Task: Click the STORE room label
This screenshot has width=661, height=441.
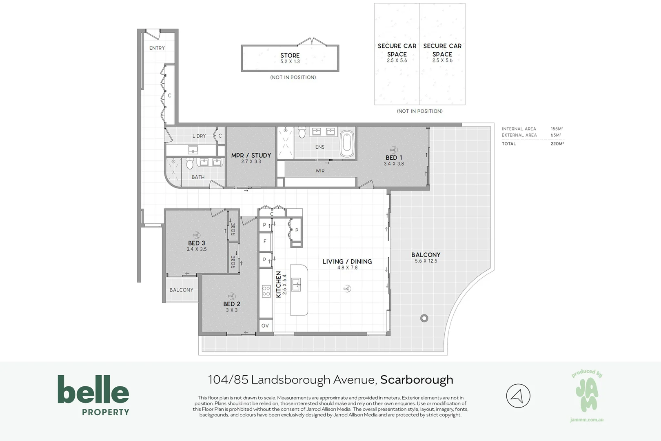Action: coord(290,56)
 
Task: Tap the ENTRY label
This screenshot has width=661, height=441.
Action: coord(157,48)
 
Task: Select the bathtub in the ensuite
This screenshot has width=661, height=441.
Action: coord(347,144)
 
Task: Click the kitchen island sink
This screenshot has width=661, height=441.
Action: coord(296,284)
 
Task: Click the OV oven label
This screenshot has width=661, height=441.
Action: coord(265,326)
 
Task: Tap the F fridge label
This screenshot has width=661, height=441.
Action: coord(265,241)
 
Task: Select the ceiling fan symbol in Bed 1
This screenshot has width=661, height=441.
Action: coord(393,149)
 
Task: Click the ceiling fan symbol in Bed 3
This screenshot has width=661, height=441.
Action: coord(196,235)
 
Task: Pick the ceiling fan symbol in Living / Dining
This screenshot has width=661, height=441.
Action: coord(347,289)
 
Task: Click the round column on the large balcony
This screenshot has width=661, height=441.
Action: coord(424,318)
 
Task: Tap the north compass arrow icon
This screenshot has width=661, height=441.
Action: coord(518,396)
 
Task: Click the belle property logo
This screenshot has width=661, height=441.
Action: coord(93,395)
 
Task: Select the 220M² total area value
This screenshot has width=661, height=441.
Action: coord(557,144)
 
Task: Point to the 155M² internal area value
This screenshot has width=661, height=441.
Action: coord(557,129)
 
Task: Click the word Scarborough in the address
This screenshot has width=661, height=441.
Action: coord(417,380)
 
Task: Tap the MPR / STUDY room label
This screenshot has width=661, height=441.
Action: coord(251,155)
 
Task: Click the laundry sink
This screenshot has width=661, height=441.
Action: coord(193,150)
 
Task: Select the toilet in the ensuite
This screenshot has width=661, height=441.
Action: coord(302,132)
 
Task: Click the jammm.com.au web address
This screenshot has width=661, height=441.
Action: coord(587,420)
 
